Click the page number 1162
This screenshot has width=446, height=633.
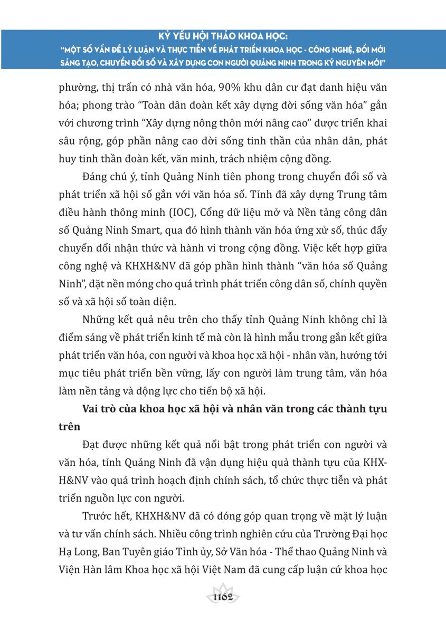(x=223, y=597)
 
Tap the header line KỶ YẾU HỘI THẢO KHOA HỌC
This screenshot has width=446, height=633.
(x=223, y=37)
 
